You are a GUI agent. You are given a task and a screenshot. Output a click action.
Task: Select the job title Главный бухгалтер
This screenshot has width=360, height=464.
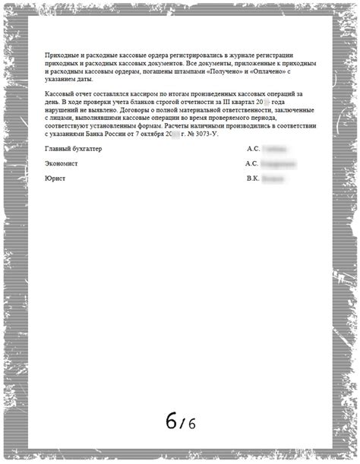74,149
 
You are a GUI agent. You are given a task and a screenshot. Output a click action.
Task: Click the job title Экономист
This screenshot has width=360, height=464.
62,163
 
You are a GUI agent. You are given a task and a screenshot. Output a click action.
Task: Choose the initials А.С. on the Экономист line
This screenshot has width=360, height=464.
254,163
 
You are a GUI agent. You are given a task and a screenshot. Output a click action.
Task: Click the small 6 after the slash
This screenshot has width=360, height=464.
191,423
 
